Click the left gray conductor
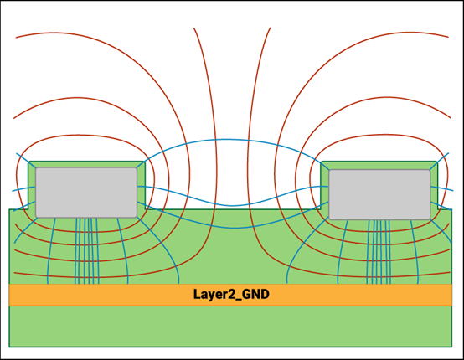tap(86, 193)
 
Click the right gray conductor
tap(379, 194)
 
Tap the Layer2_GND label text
tap(231, 295)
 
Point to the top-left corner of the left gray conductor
tap(36, 167)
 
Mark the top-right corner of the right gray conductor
tap(430, 170)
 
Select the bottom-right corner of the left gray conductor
tap(137, 217)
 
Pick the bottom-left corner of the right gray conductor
tap(329, 219)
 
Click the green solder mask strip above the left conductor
tap(86, 164)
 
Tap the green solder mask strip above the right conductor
tap(379, 166)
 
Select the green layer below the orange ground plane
tap(230, 326)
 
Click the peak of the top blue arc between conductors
tap(225, 139)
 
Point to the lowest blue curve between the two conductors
tap(233, 228)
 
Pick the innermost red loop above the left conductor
tap(85, 136)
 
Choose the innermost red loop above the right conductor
tap(379, 136)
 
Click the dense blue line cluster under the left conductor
tap(87, 251)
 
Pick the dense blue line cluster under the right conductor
tap(379, 252)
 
